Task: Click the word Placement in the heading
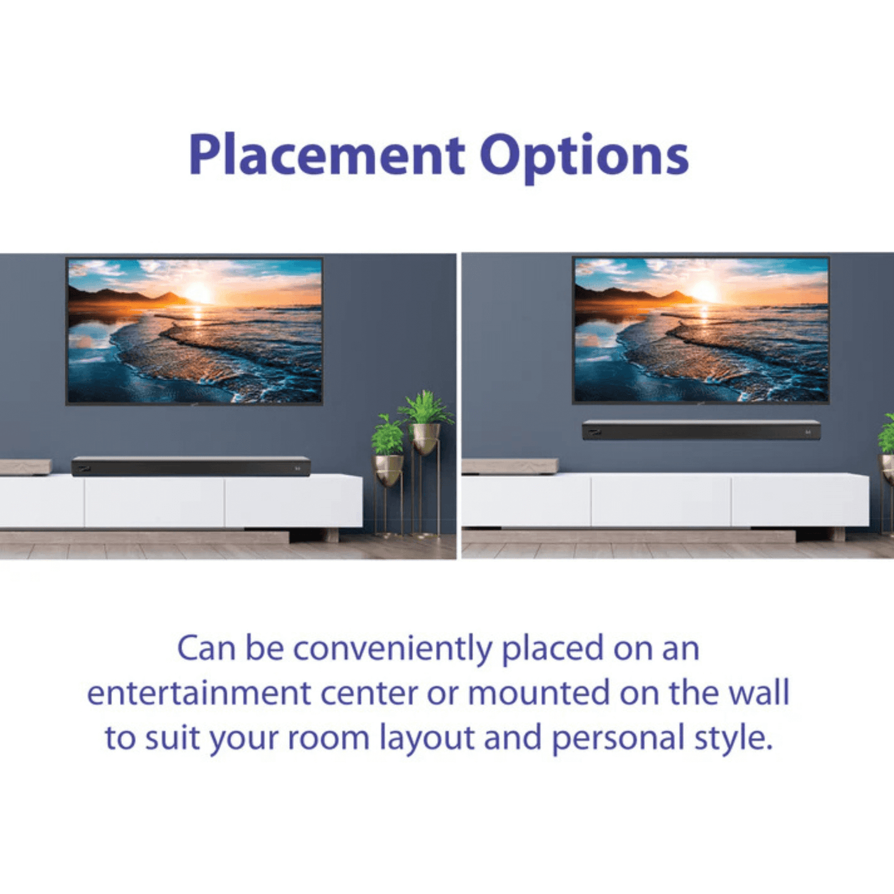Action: click(x=326, y=155)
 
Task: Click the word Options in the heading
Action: click(x=583, y=156)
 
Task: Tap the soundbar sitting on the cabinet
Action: click(x=191, y=466)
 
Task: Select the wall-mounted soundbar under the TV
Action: click(x=701, y=430)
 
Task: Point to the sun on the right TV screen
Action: click(x=705, y=291)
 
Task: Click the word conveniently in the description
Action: click(x=392, y=649)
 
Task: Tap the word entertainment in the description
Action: click(x=200, y=693)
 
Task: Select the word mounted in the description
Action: click(x=538, y=693)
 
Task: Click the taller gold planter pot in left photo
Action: click(x=426, y=436)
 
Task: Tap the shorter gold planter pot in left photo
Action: click(x=387, y=470)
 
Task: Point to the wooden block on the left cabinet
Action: click(x=25, y=467)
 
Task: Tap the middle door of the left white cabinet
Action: click(x=154, y=502)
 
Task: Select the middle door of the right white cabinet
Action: click(x=661, y=501)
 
